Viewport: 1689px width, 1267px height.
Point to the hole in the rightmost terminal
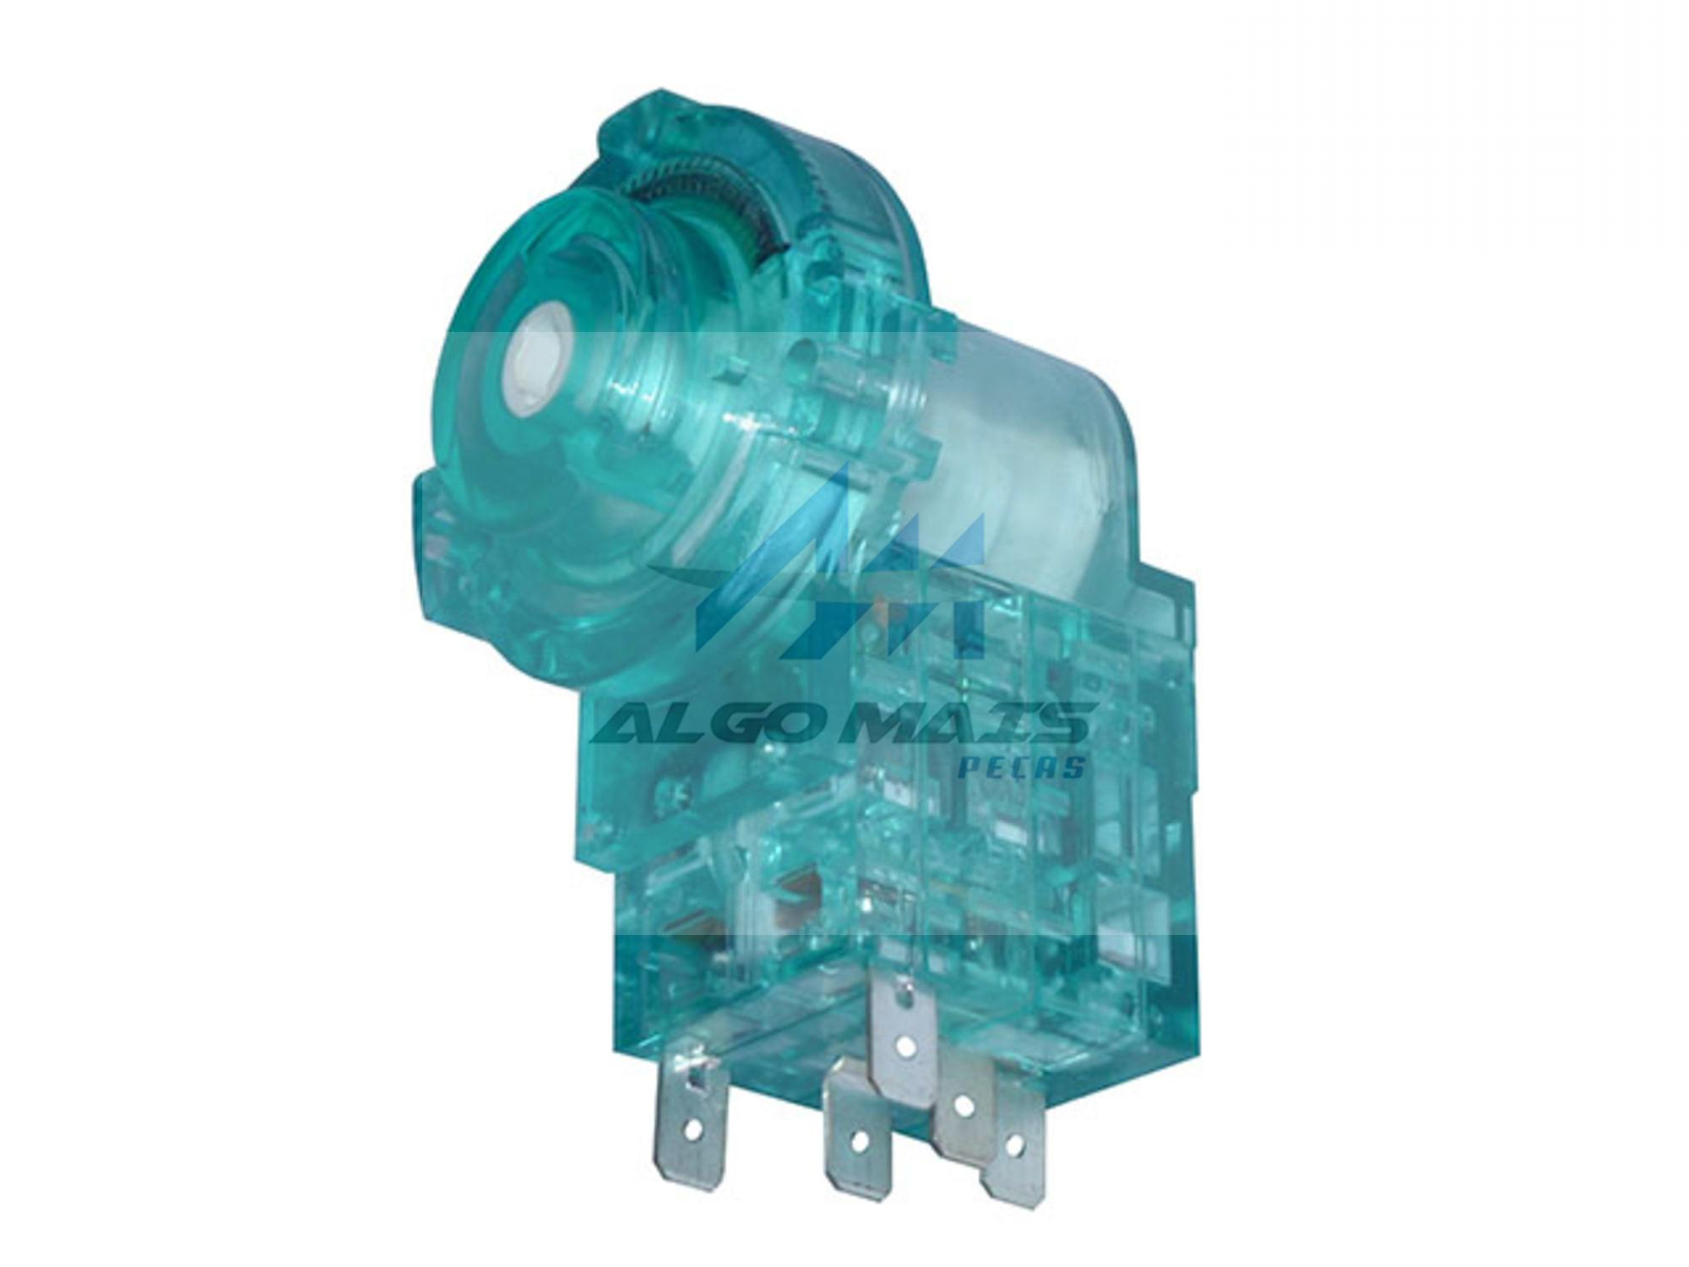point(1013,1145)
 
